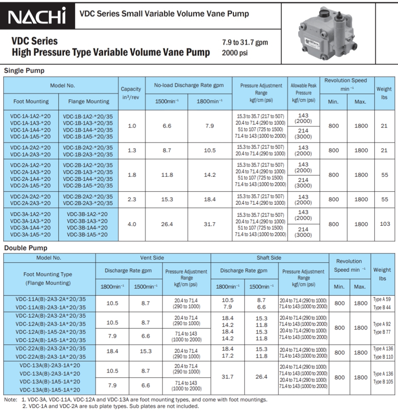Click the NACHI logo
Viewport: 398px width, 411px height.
point(37,16)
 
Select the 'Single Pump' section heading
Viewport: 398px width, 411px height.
point(24,71)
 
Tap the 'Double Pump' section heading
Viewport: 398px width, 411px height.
point(26,248)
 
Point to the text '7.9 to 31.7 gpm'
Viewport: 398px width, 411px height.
point(245,43)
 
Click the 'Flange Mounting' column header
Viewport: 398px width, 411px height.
point(88,101)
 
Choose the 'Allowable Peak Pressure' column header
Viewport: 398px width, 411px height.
point(303,93)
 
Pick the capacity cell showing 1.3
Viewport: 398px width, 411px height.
point(132,150)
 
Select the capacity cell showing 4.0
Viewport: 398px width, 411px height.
point(132,224)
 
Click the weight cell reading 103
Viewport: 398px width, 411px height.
point(385,224)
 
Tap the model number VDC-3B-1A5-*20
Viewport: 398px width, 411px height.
point(87,234)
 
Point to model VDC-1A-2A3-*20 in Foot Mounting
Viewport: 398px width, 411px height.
point(30,154)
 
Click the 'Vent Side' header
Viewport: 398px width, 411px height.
point(152,258)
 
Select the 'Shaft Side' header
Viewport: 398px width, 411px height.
point(269,258)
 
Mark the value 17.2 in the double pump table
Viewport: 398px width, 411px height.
point(227,356)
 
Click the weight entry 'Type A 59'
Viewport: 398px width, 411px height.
point(382,299)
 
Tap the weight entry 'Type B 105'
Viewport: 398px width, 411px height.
point(383,382)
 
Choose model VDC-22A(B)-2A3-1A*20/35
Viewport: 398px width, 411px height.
point(51,357)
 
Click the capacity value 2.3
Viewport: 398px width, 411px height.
point(132,199)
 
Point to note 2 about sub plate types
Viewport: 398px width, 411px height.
point(111,406)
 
